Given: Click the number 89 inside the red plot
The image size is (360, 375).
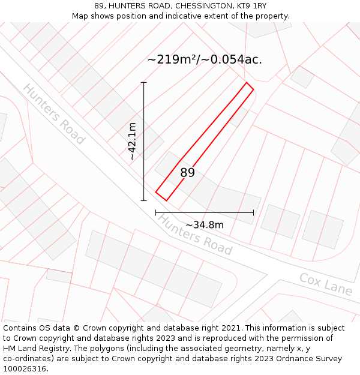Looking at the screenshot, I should [x=187, y=173].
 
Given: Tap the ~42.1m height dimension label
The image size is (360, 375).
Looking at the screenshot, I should [x=132, y=141].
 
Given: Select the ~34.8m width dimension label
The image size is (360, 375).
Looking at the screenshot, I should [x=205, y=225].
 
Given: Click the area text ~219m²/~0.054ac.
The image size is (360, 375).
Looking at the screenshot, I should [x=205, y=59].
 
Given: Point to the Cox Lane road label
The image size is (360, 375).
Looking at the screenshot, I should [x=326, y=284].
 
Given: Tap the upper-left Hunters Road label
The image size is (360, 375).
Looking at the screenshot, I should [x=54, y=114].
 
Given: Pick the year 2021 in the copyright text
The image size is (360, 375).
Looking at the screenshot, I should [x=229, y=328].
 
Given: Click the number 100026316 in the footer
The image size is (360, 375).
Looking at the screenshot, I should [x=26, y=369].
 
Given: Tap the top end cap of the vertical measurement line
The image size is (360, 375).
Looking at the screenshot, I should [x=143, y=82].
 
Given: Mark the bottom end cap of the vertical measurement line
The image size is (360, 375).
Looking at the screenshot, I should [x=143, y=200].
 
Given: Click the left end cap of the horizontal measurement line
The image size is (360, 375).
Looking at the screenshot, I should [x=156, y=212].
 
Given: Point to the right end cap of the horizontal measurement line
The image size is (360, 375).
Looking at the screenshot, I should [x=253, y=212].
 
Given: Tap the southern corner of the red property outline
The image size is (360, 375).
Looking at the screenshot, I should [x=166, y=200].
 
